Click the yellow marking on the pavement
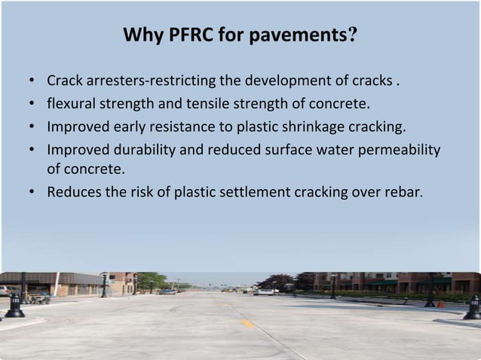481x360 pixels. click(248, 323)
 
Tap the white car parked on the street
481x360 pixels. click(265, 291)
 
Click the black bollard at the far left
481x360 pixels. click(14, 305)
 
